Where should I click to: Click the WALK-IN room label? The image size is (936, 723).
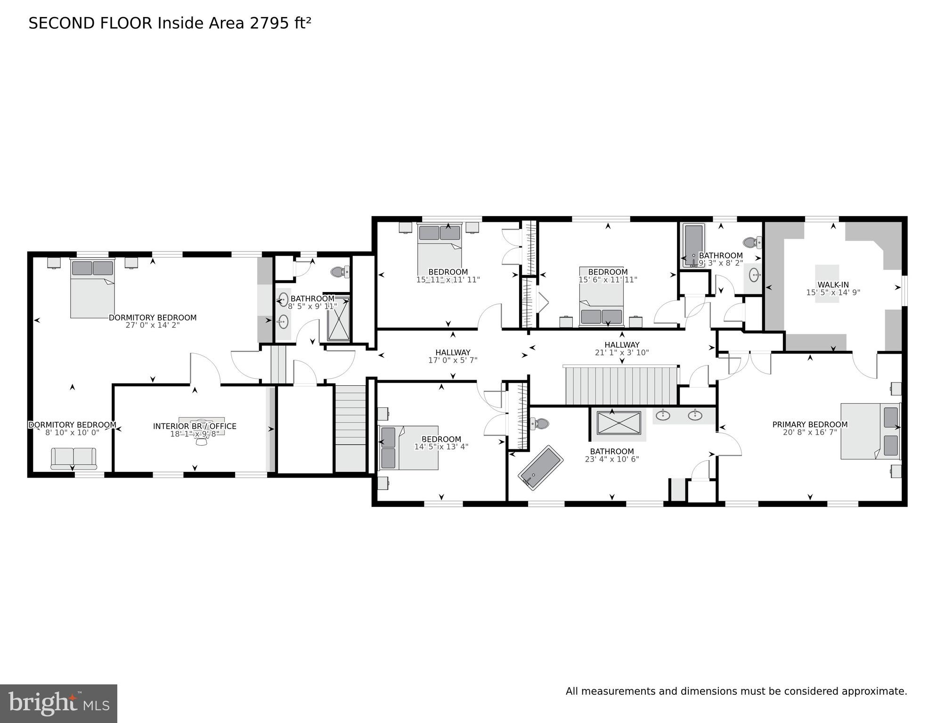tap(832, 284)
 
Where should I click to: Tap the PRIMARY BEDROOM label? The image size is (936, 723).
tap(809, 424)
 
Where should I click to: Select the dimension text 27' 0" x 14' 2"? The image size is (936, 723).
tap(152, 325)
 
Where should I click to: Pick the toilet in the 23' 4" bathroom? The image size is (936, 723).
tap(540, 423)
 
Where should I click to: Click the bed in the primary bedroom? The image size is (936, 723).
tap(870, 431)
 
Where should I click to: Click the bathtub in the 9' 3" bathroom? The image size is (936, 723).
tap(693, 245)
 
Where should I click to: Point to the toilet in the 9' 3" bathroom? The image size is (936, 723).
tap(752, 243)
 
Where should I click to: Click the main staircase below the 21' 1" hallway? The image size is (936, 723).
tap(621, 386)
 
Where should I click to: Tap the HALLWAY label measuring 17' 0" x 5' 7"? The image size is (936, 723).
tap(452, 352)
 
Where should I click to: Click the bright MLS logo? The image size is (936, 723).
tap(58, 703)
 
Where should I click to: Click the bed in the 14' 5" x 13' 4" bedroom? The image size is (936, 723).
tap(408, 447)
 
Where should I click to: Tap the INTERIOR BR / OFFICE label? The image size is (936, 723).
tap(195, 426)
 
